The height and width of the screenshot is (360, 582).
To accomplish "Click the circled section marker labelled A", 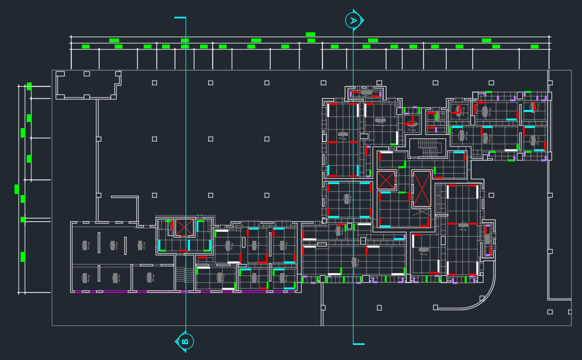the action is [353, 21].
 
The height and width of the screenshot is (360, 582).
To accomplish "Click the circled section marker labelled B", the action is [185, 341].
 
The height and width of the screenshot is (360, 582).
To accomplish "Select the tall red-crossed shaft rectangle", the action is [422, 189].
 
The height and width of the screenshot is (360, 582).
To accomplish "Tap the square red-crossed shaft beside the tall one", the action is [385, 180].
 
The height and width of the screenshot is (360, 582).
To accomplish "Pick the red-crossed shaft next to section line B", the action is [184, 227].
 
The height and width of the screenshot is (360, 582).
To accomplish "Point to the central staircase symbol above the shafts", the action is [428, 148].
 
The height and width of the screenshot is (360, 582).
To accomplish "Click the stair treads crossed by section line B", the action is [180, 274].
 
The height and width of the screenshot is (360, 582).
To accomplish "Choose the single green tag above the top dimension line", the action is [310, 35].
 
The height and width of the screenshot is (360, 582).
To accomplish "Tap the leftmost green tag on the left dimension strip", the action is [17, 189].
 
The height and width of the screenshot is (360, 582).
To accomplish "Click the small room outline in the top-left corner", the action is [87, 84].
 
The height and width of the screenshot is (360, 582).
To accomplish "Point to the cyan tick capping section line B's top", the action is [180, 18].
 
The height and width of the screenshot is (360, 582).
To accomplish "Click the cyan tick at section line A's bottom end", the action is [359, 344].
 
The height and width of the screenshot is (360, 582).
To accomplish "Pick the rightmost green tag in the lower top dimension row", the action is [535, 47].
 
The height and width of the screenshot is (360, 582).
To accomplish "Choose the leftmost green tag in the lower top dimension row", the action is [86, 47].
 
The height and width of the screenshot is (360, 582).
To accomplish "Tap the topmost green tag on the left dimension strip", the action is [29, 86].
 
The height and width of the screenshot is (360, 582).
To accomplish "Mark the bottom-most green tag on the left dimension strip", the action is [23, 256].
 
